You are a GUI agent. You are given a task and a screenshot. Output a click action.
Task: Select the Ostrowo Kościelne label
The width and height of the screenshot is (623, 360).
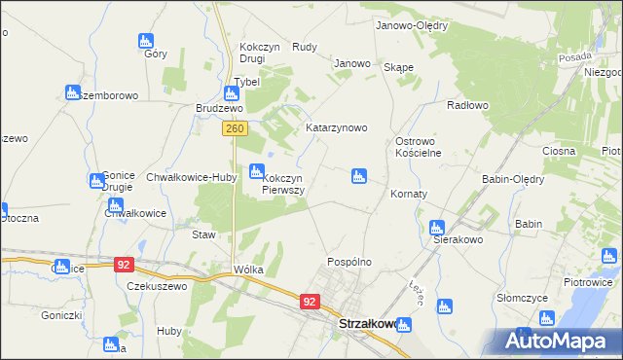click(x=419, y=147)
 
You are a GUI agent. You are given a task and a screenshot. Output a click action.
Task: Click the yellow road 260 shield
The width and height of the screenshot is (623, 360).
click(x=234, y=127)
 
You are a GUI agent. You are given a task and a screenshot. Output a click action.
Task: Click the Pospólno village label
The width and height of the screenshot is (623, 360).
click(x=349, y=263)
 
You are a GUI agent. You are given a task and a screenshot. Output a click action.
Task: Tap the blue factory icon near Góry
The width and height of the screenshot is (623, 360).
click(x=146, y=41)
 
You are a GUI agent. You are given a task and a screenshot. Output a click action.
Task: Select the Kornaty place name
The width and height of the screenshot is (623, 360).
click(x=409, y=194)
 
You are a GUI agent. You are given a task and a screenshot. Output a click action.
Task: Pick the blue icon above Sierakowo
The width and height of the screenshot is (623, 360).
click(x=437, y=227)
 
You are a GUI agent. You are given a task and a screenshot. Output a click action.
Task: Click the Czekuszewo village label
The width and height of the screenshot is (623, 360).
click(x=156, y=286)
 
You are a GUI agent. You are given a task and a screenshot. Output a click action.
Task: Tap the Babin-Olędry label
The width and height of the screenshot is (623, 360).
click(x=513, y=179)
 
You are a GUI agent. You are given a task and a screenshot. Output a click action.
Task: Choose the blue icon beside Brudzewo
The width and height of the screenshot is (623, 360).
click(x=231, y=94)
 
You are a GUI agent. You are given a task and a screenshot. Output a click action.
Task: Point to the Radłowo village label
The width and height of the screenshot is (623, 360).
click(x=466, y=105)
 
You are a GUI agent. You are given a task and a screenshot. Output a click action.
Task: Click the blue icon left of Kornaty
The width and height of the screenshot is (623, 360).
click(x=358, y=176)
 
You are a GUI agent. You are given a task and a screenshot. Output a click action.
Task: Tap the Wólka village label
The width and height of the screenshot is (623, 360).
click(x=248, y=270)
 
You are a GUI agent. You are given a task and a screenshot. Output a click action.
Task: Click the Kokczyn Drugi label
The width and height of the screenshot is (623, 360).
click(x=258, y=53)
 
